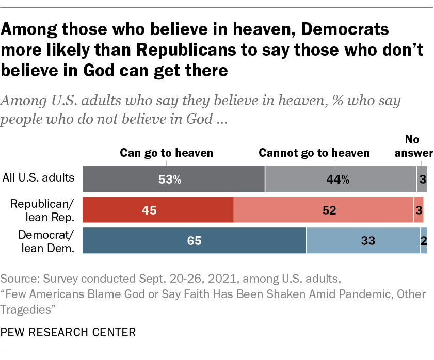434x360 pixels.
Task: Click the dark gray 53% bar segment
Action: click(173, 179)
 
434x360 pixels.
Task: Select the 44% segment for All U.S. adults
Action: click(341, 179)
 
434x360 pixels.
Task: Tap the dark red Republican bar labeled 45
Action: click(158, 210)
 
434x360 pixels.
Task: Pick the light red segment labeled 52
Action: click(324, 210)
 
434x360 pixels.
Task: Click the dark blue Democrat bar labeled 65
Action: click(195, 240)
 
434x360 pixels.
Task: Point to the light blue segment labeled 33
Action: click(363, 240)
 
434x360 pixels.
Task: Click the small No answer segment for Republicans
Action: click(419, 210)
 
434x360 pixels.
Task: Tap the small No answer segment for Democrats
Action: click(424, 240)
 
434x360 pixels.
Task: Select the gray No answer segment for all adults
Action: click(422, 179)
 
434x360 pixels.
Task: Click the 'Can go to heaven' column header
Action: click(166, 153)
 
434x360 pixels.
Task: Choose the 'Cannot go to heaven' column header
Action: click(314, 153)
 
